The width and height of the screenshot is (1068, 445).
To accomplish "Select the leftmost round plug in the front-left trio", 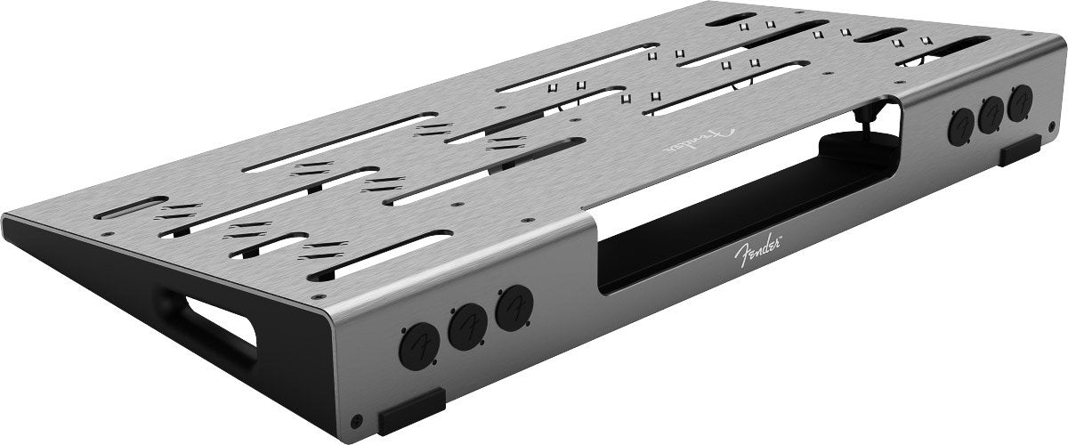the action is click(419, 346).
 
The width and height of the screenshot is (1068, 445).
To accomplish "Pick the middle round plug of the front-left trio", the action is click(468, 328).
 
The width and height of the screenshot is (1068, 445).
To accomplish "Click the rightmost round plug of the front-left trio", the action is click(514, 308).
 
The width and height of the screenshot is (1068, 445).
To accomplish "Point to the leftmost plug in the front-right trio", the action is click(960, 126).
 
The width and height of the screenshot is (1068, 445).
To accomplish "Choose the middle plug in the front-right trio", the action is click(991, 115).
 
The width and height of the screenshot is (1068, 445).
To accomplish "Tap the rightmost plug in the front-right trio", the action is click(1020, 103).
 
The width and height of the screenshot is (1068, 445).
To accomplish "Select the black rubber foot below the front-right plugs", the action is click(1020, 150).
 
